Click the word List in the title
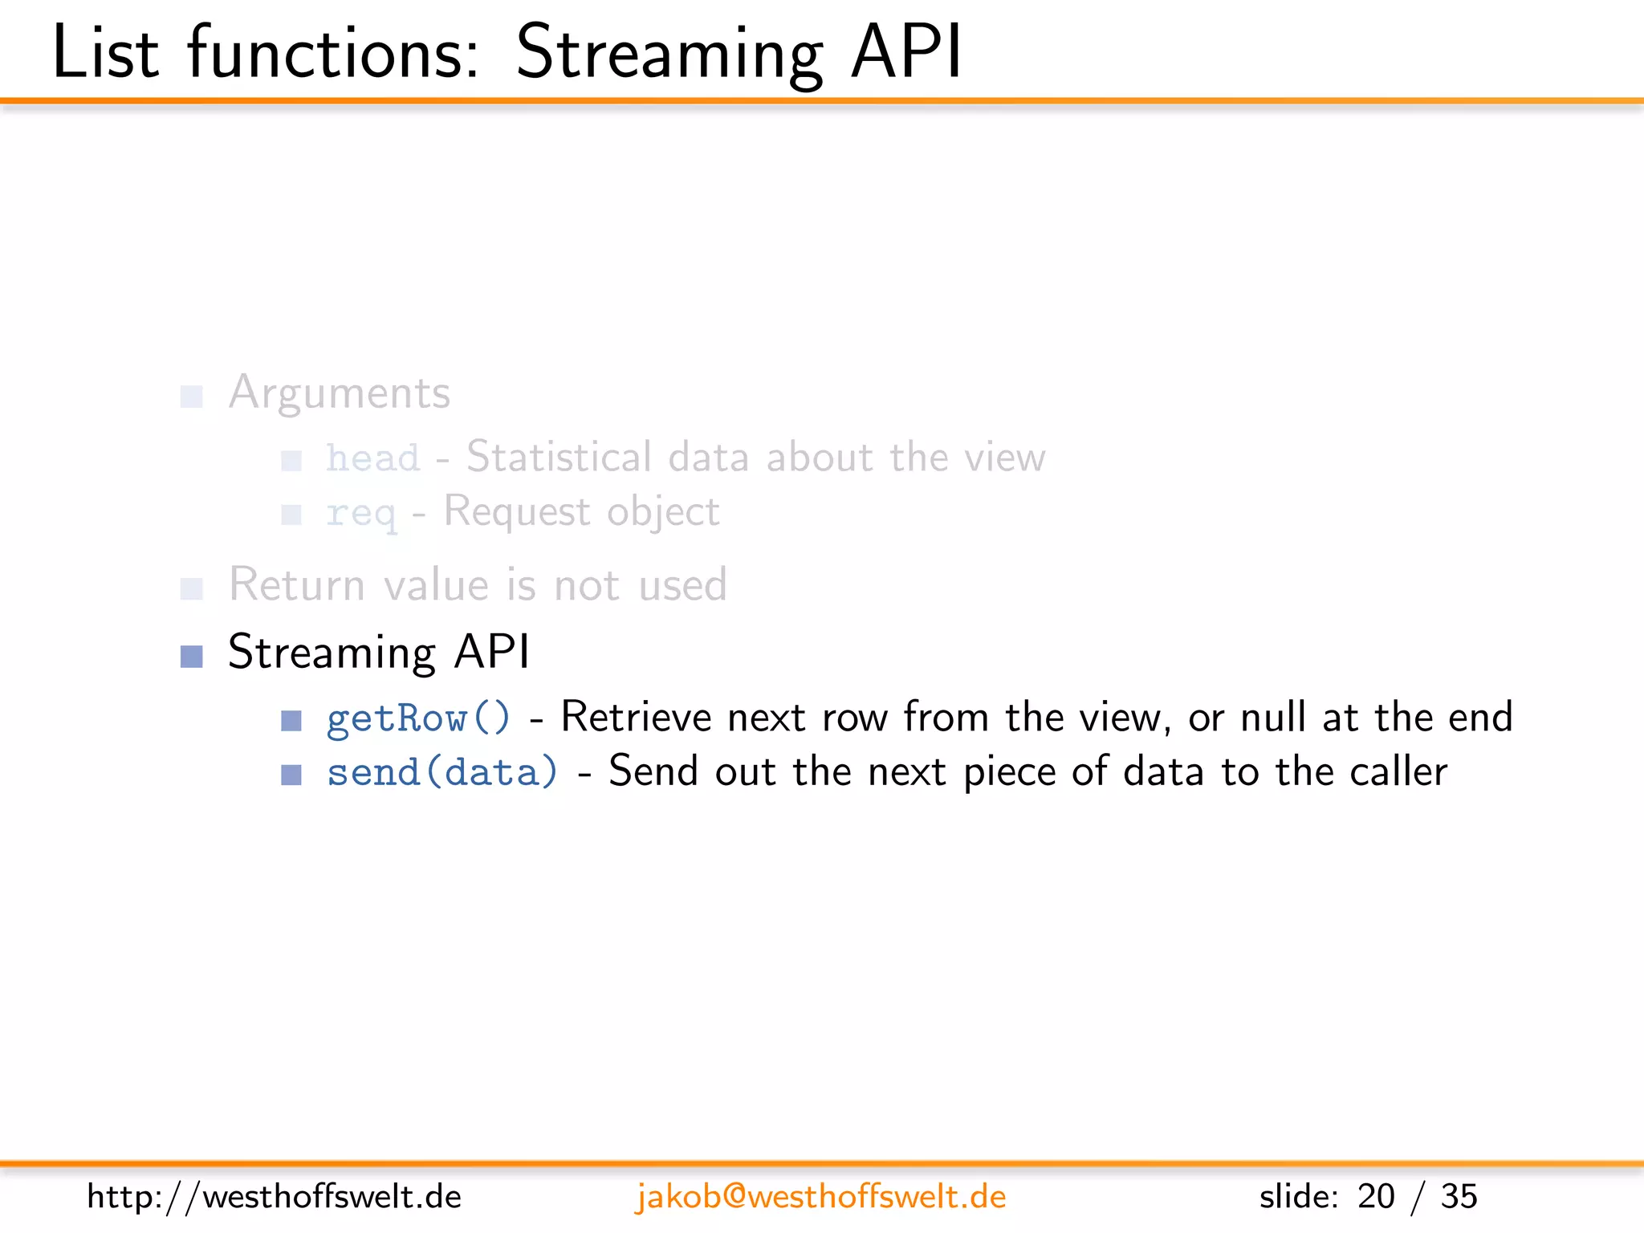click(x=105, y=53)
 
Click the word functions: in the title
click(x=333, y=53)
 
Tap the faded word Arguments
click(x=340, y=393)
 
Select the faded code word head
click(x=372, y=458)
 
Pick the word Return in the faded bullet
click(x=297, y=584)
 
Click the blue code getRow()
click(x=418, y=718)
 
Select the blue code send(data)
click(x=442, y=772)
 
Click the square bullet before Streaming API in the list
click(x=192, y=657)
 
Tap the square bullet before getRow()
click(x=291, y=721)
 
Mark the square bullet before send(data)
click(x=291, y=775)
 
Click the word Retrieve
click(x=636, y=717)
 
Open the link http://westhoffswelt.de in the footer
click(x=275, y=1197)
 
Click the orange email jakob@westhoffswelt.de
click(x=820, y=1197)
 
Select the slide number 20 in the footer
click(x=1376, y=1197)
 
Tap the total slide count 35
click(x=1459, y=1197)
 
